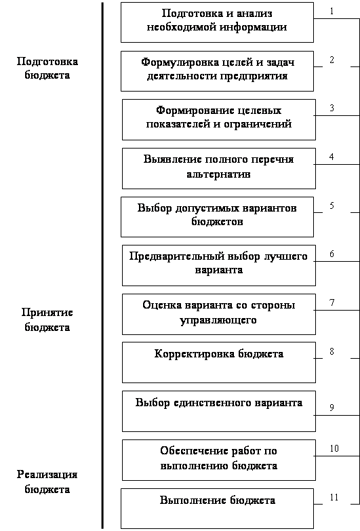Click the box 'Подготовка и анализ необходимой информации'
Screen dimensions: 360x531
pos(217,22)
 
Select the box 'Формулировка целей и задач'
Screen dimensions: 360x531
pos(217,71)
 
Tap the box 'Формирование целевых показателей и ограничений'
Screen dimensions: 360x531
pos(219,119)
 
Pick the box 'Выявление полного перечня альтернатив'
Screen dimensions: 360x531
pos(219,168)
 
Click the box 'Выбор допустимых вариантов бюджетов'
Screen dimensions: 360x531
pos(217,217)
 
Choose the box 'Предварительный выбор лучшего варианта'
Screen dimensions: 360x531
pos(219,266)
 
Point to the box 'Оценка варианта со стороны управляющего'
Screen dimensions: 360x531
pos(219,314)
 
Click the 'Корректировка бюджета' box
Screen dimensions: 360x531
pos(219,362)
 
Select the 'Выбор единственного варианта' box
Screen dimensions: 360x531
pos(219,411)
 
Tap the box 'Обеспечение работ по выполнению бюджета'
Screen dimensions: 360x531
pos(219,460)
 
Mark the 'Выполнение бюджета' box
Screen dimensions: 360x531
pos(217,509)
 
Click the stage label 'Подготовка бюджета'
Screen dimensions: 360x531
pos(47,68)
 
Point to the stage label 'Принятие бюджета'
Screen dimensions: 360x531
pos(47,319)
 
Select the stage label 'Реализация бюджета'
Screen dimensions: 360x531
pos(47,481)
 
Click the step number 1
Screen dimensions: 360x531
pos(332,11)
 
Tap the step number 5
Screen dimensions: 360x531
pos(332,205)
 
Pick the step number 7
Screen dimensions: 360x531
pos(332,302)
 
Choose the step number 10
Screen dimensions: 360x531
pos(334,448)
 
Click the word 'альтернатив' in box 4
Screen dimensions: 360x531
pos(218,174)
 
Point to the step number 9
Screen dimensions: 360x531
pos(332,408)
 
